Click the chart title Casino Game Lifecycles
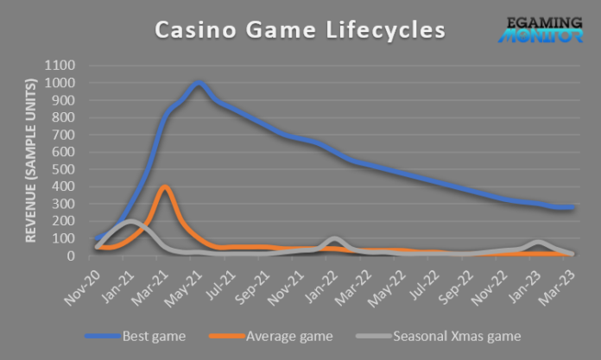click(300, 29)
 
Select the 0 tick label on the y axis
click(72, 256)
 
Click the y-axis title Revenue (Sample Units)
click(30, 161)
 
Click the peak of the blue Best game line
click(199, 84)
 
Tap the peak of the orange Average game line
click(164, 187)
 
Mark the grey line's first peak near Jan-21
click(130, 222)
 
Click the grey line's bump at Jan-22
click(334, 239)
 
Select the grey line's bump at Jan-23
click(538, 243)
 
